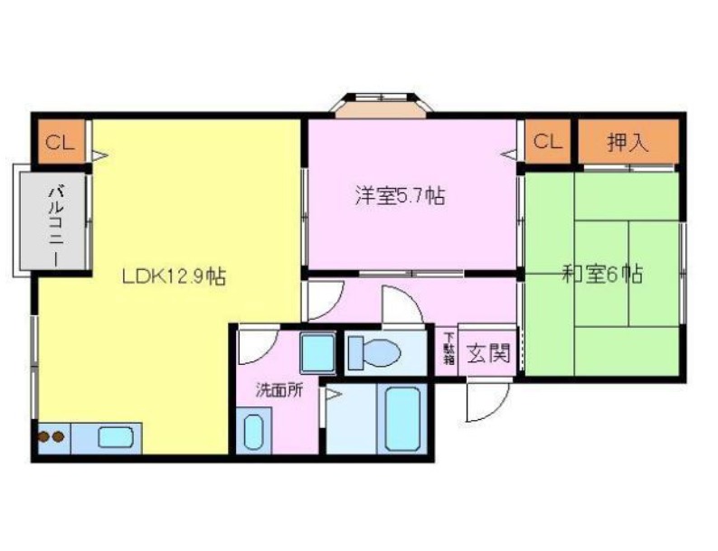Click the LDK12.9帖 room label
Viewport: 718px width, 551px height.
coord(174,275)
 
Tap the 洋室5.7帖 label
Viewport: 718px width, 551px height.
coord(400,196)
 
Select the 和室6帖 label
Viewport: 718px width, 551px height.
coord(602,274)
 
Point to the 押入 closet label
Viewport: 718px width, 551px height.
coord(628,143)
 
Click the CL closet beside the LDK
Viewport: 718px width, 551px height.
coord(60,143)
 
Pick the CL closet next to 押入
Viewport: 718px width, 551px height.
coord(548,141)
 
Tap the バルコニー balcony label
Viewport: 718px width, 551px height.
coord(57,225)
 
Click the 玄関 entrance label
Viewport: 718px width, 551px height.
coord(488,353)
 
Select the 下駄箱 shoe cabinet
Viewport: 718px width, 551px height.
coord(449,349)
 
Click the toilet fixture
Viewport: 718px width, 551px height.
coord(373,352)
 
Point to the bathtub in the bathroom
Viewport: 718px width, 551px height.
coord(402,419)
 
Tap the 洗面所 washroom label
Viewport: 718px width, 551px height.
coord(279,390)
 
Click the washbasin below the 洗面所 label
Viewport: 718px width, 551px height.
coord(253,431)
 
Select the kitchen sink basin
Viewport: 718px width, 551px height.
coord(116,437)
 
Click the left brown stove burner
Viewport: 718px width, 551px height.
coord(44,437)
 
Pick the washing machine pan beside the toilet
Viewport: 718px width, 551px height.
coord(318,353)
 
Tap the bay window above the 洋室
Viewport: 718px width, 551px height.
coord(382,105)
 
